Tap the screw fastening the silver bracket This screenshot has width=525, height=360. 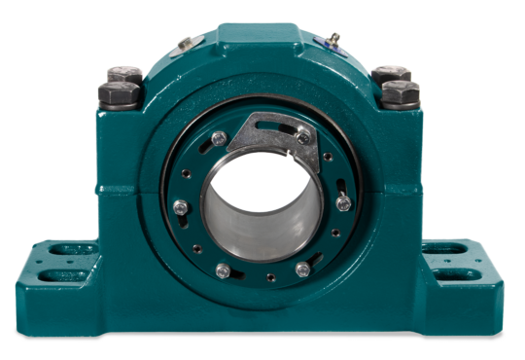click(x=304, y=137)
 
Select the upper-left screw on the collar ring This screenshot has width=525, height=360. click(x=219, y=138)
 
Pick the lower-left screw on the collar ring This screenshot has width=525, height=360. click(x=223, y=270)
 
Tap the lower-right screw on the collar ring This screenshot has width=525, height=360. click(x=302, y=268)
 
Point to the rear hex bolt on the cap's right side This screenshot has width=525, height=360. click(x=392, y=73)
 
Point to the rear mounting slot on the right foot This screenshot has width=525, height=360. click(x=447, y=249)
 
